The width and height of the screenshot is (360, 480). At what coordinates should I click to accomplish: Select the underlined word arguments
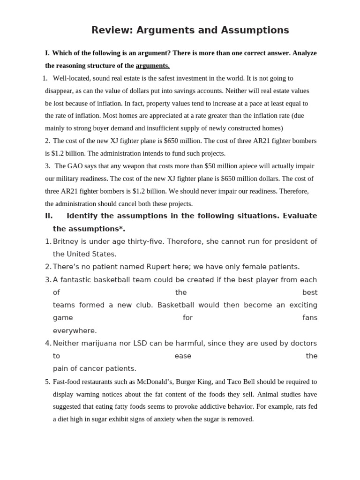point(152,66)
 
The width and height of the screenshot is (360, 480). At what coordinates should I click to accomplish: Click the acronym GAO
point(76,166)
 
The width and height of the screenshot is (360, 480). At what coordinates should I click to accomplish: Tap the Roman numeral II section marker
point(49,216)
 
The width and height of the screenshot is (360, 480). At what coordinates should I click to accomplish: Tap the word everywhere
point(75,330)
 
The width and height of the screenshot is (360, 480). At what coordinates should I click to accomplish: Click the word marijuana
point(99,343)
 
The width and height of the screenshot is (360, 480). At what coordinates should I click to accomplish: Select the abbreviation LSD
point(140,343)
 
